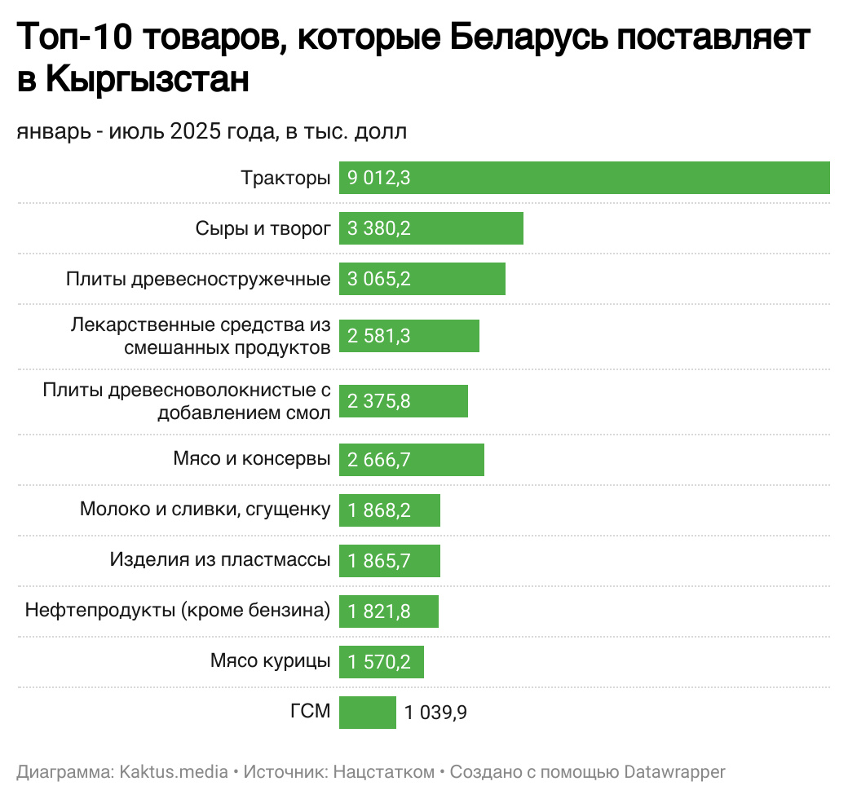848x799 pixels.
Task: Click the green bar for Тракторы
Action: [584, 178]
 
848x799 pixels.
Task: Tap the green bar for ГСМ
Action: [367, 713]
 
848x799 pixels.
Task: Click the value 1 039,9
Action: [435, 713]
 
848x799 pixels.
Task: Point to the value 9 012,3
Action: [378, 179]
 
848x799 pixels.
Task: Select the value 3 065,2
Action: [378, 280]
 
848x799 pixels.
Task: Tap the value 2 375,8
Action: [378, 401]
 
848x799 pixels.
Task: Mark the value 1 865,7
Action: [378, 561]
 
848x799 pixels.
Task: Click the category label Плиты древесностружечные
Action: [198, 280]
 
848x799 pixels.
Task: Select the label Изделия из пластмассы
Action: [220, 560]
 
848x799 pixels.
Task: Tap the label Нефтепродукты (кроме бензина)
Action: [178, 611]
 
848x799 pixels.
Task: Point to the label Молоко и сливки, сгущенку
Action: [205, 510]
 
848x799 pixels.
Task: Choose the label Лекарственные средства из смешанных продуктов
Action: [201, 336]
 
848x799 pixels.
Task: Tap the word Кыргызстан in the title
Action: [147, 80]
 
